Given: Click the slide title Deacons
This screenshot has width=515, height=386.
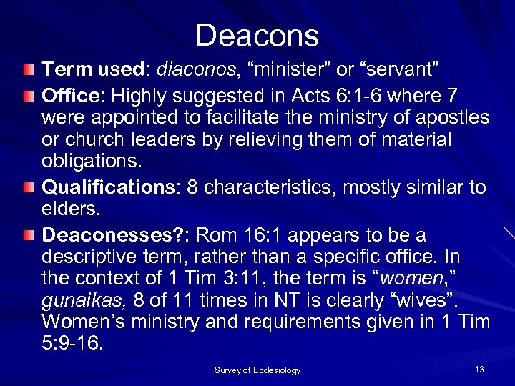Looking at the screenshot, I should click(258, 35).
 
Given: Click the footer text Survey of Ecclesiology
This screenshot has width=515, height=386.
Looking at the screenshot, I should click(257, 370).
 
